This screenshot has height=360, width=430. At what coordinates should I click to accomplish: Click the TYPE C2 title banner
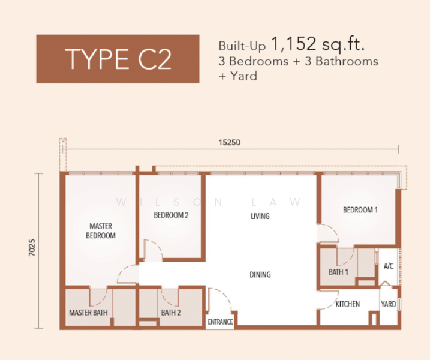coord(118,59)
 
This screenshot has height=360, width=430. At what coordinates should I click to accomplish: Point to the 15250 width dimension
coord(229,142)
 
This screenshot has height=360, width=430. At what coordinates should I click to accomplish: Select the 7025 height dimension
coord(32,247)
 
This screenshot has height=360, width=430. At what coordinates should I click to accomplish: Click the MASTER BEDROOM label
coord(101,231)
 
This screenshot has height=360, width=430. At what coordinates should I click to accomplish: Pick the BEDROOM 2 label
coord(171,215)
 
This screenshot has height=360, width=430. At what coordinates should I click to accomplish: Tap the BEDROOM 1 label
coord(360,210)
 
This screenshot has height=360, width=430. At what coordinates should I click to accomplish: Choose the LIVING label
coord(260,216)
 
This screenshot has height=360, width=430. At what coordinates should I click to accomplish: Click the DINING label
coord(260,274)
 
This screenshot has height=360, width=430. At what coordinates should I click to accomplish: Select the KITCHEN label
coord(348,304)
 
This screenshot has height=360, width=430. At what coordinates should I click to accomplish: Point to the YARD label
coord(388,304)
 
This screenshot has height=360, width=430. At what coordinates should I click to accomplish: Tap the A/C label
coord(389,266)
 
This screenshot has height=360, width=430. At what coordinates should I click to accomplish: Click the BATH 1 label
coord(338,272)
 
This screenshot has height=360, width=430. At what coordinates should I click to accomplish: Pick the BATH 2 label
coord(171,313)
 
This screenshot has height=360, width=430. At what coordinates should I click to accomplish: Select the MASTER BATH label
coord(88,313)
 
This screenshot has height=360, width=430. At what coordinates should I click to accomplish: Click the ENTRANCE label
coord(220,322)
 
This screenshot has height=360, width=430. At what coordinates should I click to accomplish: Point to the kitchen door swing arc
coord(334,301)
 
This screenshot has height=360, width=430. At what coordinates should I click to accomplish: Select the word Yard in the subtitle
coord(244,76)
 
